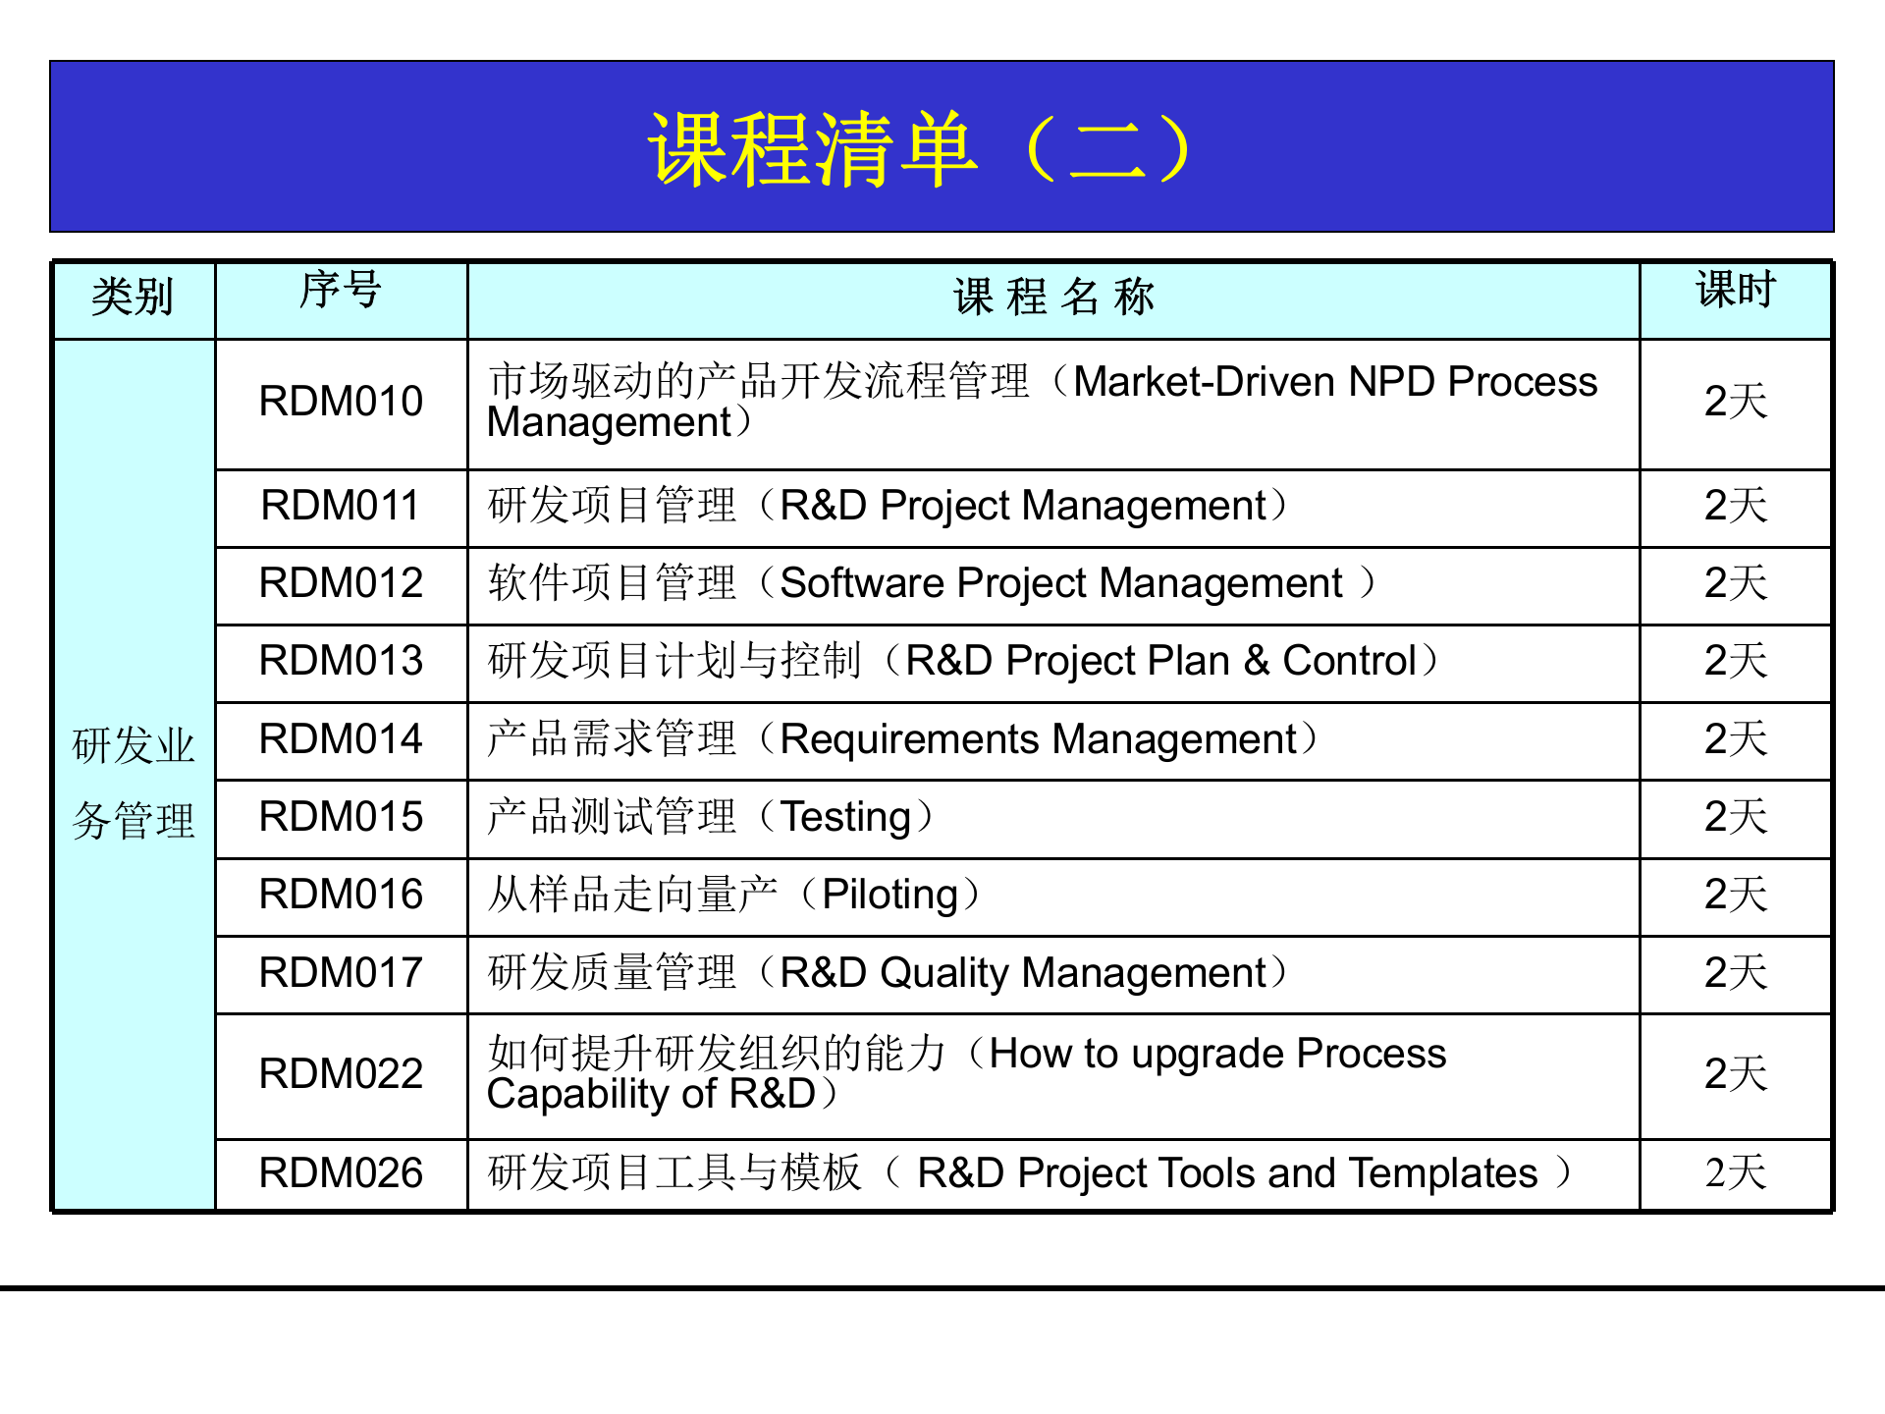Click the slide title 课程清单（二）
(x=921, y=149)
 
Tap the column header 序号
(x=340, y=291)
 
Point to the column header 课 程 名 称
(x=1053, y=297)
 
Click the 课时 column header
(x=1735, y=291)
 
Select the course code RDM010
(x=341, y=402)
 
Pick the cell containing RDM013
(x=341, y=661)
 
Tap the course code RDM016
(x=341, y=895)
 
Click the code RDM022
(x=341, y=1074)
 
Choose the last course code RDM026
(x=341, y=1173)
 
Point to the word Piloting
(x=889, y=896)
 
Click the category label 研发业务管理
(x=134, y=783)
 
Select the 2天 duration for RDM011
(x=1735, y=506)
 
